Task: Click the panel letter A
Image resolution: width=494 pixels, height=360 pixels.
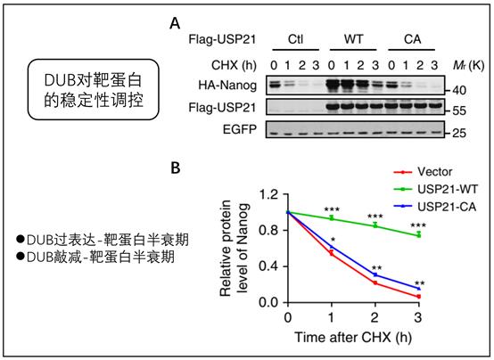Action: (x=175, y=24)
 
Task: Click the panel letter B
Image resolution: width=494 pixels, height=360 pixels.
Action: (x=176, y=168)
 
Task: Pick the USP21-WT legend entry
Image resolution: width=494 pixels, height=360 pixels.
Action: (x=436, y=189)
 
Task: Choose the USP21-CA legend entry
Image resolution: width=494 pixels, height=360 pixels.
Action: (x=435, y=207)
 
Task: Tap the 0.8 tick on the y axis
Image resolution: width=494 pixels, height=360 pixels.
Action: (x=268, y=231)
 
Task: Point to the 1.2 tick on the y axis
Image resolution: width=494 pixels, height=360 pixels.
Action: (x=268, y=194)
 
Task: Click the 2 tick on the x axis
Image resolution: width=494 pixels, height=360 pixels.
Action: (x=375, y=317)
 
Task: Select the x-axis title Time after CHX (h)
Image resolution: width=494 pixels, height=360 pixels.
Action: (x=353, y=338)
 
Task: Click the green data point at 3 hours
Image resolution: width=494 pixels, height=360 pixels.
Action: (x=419, y=235)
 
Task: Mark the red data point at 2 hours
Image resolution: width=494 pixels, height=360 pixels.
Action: (x=375, y=282)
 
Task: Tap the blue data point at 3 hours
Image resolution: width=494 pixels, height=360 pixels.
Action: (x=419, y=288)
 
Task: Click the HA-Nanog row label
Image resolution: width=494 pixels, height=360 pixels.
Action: (x=227, y=85)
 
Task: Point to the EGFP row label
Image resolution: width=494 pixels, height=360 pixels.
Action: (x=240, y=129)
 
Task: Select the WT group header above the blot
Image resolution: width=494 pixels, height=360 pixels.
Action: (x=353, y=39)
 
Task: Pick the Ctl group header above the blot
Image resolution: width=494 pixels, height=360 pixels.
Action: (x=295, y=39)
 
